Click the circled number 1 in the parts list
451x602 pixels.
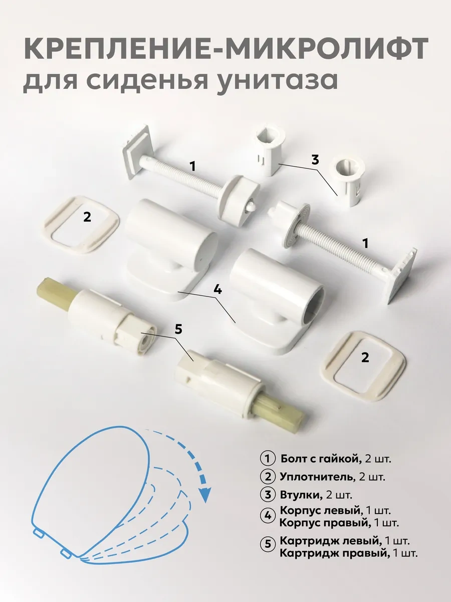[268, 459]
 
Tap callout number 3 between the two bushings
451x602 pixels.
[315, 160]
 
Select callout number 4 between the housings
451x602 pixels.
[217, 290]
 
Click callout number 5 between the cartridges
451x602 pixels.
[178, 330]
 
